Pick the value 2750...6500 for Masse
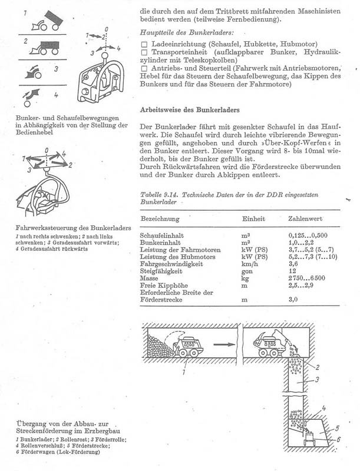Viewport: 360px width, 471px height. pyautogui.click(x=307, y=279)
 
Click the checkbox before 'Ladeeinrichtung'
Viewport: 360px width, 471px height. pyautogui.click(x=144, y=45)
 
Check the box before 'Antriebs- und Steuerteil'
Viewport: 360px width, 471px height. pyautogui.click(x=144, y=69)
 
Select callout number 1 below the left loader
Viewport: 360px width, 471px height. pyautogui.click(x=184, y=373)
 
